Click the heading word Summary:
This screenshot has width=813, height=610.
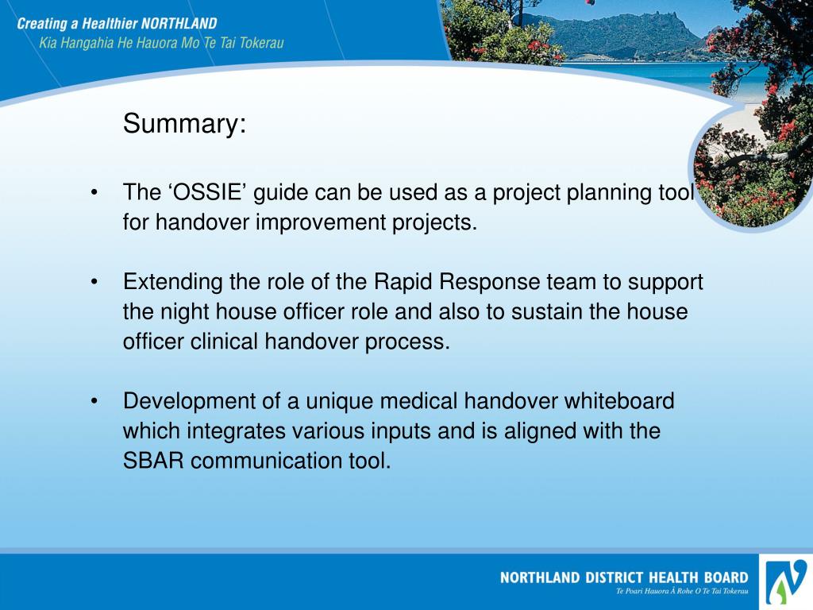184,124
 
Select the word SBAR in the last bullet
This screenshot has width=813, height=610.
154,461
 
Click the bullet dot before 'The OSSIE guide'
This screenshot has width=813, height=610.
94,194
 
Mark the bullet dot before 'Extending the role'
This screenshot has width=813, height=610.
94,283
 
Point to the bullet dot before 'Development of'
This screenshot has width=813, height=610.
94,402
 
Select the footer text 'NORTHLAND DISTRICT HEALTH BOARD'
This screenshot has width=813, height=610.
624,577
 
